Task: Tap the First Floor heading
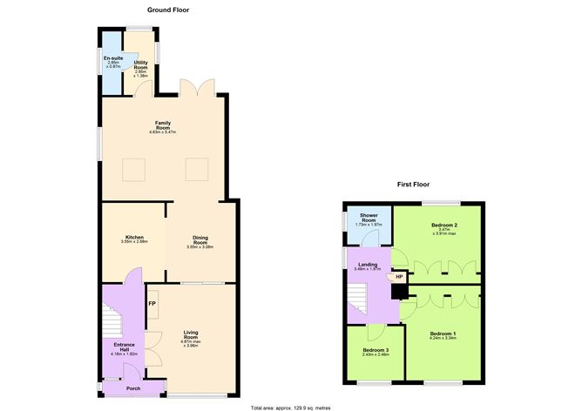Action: click(414, 185)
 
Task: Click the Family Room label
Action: click(162, 127)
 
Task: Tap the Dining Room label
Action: click(200, 241)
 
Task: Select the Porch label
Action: click(133, 388)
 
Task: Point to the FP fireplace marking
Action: click(152, 303)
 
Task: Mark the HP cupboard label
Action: click(399, 277)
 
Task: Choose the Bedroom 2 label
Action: click(444, 230)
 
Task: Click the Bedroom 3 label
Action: click(376, 352)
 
